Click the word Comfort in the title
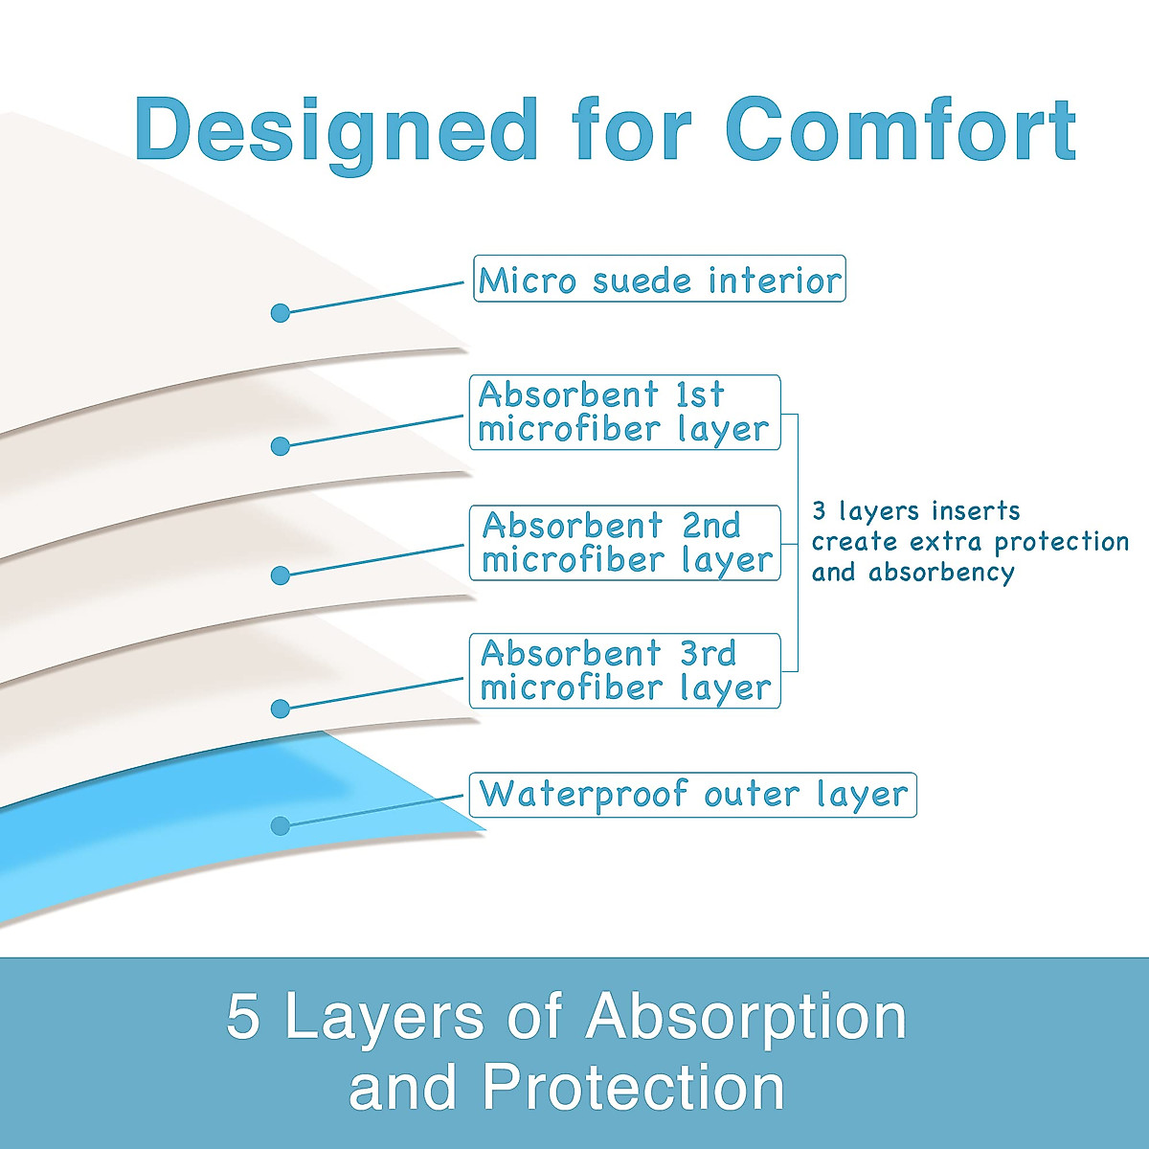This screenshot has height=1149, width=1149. pyautogui.click(x=900, y=130)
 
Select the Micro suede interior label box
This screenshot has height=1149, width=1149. pyautogui.click(x=660, y=279)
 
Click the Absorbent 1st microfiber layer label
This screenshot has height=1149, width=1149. pyautogui.click(x=625, y=412)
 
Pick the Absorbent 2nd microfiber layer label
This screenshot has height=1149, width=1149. pyautogui.click(x=625, y=543)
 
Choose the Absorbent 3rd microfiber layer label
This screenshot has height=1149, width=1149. pyautogui.click(x=625, y=671)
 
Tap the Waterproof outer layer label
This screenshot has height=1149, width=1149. pyautogui.click(x=693, y=795)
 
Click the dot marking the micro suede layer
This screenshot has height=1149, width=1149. pyautogui.click(x=281, y=312)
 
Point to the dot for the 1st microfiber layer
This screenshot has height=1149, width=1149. pyautogui.click(x=281, y=446)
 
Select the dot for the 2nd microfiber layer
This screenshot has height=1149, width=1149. pyautogui.click(x=281, y=575)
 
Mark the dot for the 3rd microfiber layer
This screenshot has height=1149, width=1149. pyautogui.click(x=281, y=709)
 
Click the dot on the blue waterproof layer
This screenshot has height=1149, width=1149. pyautogui.click(x=281, y=825)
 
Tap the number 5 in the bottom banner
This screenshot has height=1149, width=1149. pyautogui.click(x=243, y=1016)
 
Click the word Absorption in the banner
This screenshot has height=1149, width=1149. pyautogui.click(x=746, y=1020)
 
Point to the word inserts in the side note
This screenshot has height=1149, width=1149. pyautogui.click(x=976, y=511)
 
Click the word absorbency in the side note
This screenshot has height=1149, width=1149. pyautogui.click(x=941, y=573)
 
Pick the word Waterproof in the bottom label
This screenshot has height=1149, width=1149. pyautogui.click(x=582, y=796)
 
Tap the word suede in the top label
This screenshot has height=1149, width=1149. pyautogui.click(x=642, y=281)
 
